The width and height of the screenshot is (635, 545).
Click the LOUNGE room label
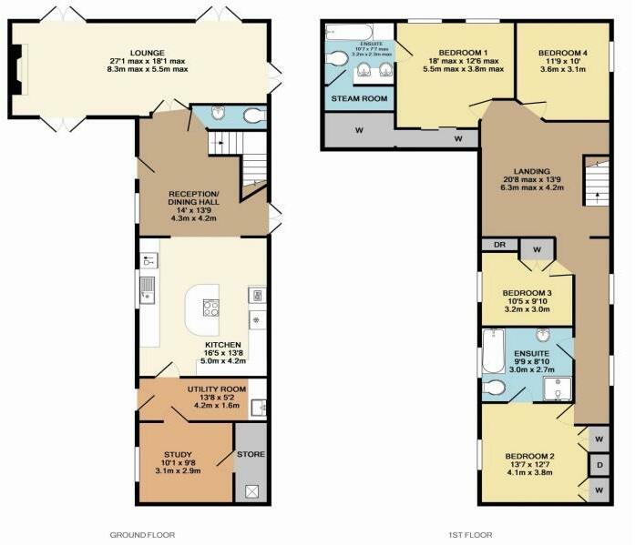(147, 53)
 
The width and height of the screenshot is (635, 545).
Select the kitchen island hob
(210, 308)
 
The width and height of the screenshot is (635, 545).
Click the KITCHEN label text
(222, 345)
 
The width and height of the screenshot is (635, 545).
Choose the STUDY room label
(179, 453)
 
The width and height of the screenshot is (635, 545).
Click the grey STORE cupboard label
(251, 453)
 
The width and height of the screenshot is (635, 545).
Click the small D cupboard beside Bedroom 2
(599, 467)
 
